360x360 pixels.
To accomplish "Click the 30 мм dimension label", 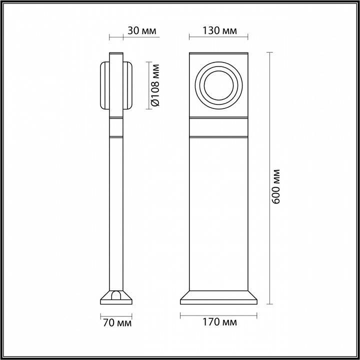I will [141, 30].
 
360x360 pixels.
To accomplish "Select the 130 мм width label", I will [219, 30].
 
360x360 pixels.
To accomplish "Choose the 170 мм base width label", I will [219, 323].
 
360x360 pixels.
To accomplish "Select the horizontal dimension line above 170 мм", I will [219, 314].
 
